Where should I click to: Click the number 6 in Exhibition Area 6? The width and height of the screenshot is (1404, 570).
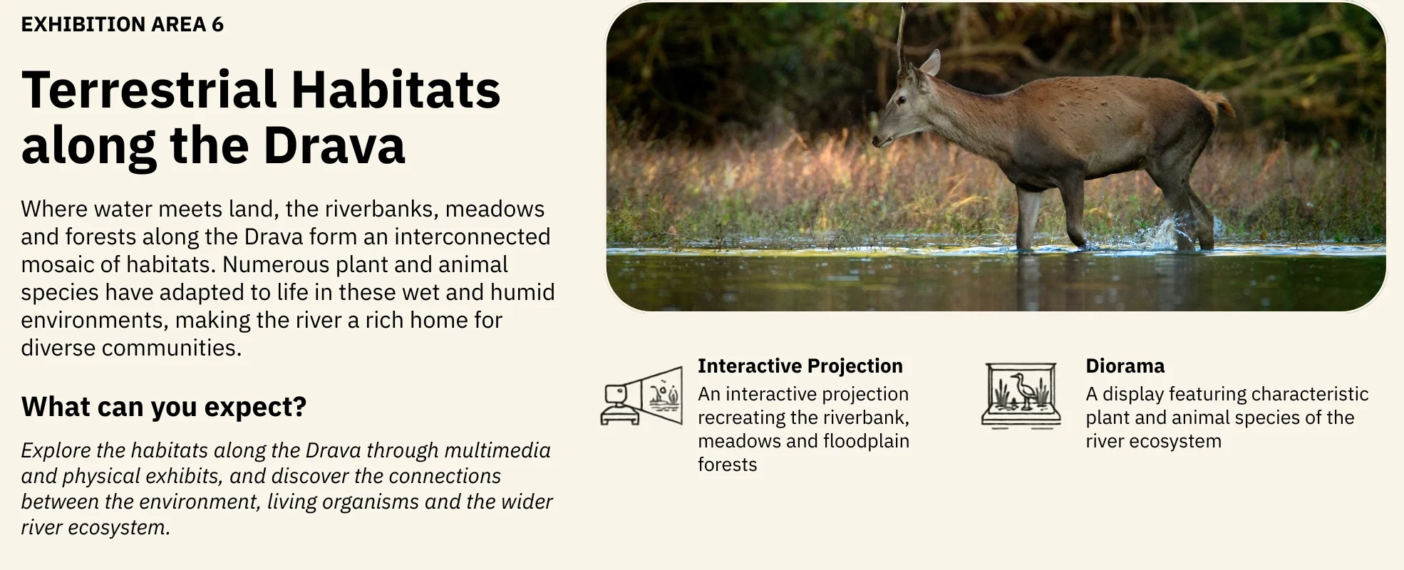217,24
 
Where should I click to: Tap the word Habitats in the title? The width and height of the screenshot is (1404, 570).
396,90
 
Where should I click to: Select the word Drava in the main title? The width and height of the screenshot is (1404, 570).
334,145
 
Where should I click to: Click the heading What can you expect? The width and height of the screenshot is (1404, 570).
164,407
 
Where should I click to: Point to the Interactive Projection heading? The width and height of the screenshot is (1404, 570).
800,366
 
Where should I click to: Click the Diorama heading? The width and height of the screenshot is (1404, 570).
1125,366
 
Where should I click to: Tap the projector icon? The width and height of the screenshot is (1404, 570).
641,395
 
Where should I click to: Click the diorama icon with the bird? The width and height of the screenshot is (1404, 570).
1021,395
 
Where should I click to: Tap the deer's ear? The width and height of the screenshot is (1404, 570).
931,63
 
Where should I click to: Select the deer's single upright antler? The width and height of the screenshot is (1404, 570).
902,39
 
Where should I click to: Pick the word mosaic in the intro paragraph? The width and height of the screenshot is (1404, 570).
58,264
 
